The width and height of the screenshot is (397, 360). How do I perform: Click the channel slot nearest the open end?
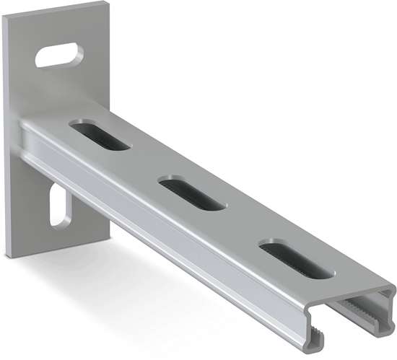[x=297, y=261]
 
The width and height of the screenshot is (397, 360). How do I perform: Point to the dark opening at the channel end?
[x=354, y=321]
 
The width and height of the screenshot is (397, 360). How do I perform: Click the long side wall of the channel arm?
[x=180, y=238]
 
